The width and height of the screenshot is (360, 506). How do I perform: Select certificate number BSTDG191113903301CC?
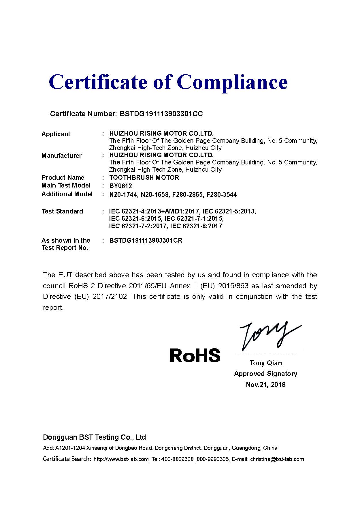pos(161,114)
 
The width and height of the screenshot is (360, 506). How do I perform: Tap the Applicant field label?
pos(56,134)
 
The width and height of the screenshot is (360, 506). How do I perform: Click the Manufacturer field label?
pos(61,156)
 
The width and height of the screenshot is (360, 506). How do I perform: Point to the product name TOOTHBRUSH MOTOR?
pos(144,177)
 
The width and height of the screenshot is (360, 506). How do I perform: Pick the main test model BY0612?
pos(120,186)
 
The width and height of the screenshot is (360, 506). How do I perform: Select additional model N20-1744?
pos(123,195)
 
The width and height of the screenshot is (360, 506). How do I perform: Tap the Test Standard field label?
pos(62,211)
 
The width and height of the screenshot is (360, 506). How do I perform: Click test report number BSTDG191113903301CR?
pos(146,241)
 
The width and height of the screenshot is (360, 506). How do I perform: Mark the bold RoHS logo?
pos(195,355)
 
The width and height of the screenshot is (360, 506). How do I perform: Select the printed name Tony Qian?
pos(266,363)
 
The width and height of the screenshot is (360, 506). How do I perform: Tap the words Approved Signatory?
pos(265,374)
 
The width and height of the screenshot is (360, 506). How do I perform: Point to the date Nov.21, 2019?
pos(265,385)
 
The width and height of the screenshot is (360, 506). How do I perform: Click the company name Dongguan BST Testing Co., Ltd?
pos(94,437)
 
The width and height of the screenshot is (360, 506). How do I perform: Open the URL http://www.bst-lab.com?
pos(121,459)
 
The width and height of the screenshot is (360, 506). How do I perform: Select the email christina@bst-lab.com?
pos(277,459)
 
